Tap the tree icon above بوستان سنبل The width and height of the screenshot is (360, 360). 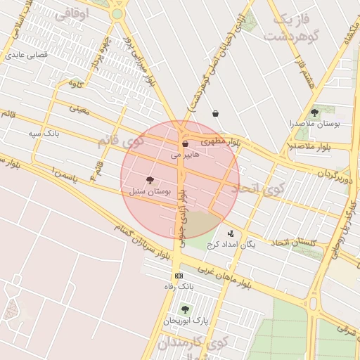click(x=150, y=180)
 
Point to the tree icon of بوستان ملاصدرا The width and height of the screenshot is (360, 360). click(x=314, y=112)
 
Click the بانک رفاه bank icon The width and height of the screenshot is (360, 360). click(x=179, y=276)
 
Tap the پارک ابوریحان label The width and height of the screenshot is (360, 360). click(x=185, y=321)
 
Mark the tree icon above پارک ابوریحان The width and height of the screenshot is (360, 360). click(x=185, y=309)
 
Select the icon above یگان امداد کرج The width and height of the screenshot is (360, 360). click(x=231, y=233)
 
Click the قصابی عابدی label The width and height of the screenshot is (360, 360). click(x=25, y=53)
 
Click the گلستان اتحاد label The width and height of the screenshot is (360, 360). click(x=293, y=243)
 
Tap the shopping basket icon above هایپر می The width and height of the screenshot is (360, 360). click(x=185, y=143)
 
